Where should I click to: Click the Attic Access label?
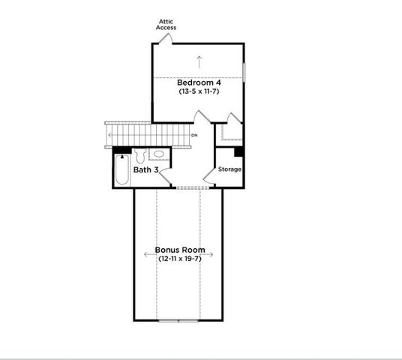[x=166, y=24]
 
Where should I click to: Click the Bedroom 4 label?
[x=199, y=82]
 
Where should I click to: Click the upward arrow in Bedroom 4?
[x=199, y=61]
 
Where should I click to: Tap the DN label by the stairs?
[x=194, y=135]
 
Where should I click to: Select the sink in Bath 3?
[x=159, y=154]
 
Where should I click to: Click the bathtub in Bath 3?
[x=121, y=171]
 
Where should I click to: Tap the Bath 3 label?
[x=145, y=170]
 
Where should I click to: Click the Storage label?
[x=230, y=169]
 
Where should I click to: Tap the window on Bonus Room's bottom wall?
[x=179, y=320]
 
